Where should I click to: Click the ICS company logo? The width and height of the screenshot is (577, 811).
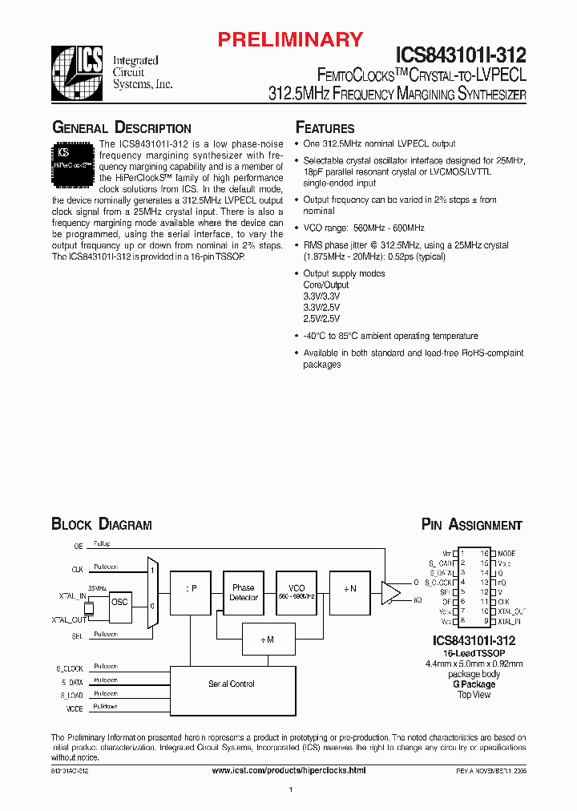click(x=76, y=66)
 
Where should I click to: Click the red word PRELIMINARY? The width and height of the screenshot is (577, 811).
click(x=292, y=39)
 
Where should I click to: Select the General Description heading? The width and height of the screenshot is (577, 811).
click(x=121, y=128)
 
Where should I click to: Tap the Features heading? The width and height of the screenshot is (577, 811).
click(x=325, y=128)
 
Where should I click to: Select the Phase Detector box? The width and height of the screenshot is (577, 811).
click(x=244, y=592)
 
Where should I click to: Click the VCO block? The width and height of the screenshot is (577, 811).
click(x=297, y=592)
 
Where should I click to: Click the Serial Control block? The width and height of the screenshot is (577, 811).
click(x=232, y=684)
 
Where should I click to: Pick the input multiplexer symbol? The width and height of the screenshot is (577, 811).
click(x=154, y=594)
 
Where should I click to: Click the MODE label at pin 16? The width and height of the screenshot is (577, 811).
click(x=506, y=554)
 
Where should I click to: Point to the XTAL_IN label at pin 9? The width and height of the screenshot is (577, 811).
click(x=509, y=622)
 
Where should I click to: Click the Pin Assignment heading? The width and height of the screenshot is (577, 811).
click(x=471, y=525)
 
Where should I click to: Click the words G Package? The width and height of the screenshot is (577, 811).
click(x=474, y=684)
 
